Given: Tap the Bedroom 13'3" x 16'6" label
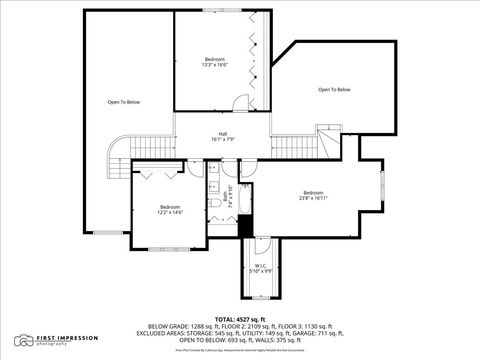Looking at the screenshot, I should pos(216,61).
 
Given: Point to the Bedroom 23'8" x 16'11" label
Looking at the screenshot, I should pos(313,195).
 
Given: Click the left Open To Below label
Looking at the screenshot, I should pos(125,102).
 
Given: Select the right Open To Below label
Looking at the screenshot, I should pos(334,90).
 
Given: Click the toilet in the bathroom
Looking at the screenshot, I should pos(215,205).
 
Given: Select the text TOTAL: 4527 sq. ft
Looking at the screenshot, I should pos(239,319).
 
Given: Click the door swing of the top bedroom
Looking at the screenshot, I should pos(240,105).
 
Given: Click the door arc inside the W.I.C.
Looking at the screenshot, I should pos(262,246).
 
